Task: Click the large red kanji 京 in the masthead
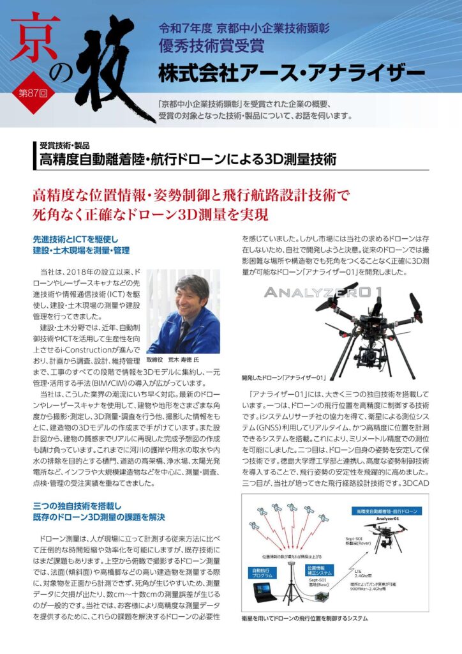point(40,42)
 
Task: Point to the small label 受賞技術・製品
point(64,144)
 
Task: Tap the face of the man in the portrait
point(191,294)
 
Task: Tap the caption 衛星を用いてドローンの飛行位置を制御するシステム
point(305,619)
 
